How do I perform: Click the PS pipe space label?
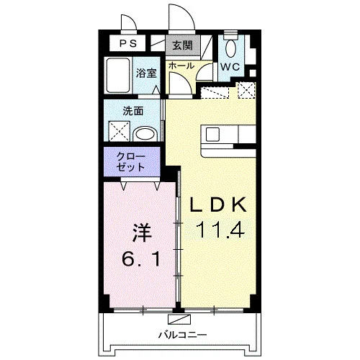[x=128, y=44]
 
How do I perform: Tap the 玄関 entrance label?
[x=183, y=45]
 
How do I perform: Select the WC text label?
[x=230, y=67]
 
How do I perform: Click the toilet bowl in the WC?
[x=230, y=48]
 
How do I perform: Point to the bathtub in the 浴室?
[x=118, y=75]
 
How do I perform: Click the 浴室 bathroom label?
[x=146, y=73]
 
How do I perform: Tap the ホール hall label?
[x=181, y=66]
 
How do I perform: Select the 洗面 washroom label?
[x=133, y=111]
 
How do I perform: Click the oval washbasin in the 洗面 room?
[x=145, y=134]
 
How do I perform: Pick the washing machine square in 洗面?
[x=120, y=131]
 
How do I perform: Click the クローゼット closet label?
[x=131, y=162]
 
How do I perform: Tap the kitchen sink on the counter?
[x=212, y=134]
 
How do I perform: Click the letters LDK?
[x=218, y=204]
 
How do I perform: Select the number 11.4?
[x=220, y=230]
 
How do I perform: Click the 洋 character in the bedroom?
[x=142, y=233]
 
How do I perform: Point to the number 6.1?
[x=141, y=258]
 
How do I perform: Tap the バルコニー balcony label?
[x=182, y=334]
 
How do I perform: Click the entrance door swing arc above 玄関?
[x=181, y=16]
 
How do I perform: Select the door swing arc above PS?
[x=129, y=22]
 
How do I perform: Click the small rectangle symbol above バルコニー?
[x=179, y=320]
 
